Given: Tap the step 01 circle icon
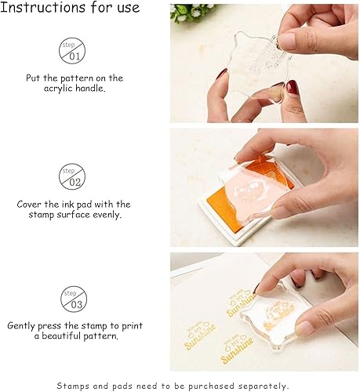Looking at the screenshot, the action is [72, 51].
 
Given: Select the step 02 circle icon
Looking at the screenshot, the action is [72, 176].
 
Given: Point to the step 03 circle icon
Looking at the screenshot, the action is [74, 299].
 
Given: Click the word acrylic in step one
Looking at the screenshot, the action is [58, 89].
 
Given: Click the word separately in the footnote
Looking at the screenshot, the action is [264, 386].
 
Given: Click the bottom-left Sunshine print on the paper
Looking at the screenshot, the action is [200, 336].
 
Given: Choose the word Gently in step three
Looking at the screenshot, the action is [21, 326].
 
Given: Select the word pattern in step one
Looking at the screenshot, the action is [77, 78].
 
